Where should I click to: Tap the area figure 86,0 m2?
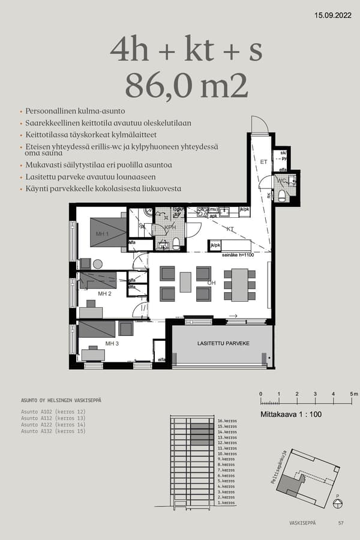186,86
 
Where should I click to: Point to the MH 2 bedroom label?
105,293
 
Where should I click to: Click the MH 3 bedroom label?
112,343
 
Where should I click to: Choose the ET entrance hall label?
263,161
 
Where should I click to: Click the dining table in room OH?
240,284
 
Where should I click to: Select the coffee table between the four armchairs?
185,282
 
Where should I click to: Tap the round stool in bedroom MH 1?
97,263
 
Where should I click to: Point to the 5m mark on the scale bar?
352,394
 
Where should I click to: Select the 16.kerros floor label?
227,421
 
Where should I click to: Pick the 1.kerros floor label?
226,502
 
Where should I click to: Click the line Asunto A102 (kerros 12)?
53,412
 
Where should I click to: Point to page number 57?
341,523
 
